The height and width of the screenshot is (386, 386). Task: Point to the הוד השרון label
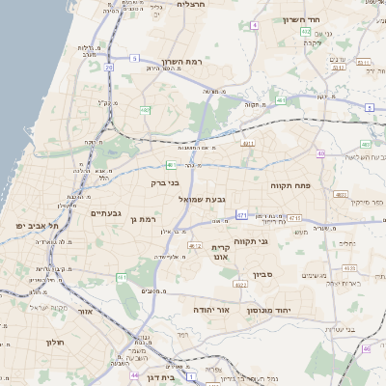tap(302, 19)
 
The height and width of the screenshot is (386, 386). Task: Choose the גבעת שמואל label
tap(202, 199)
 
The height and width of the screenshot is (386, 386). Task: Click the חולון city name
tap(53, 342)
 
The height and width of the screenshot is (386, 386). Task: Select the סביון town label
tap(264, 275)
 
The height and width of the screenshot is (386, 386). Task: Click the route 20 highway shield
tap(108, 68)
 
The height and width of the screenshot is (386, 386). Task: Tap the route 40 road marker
tap(319, 152)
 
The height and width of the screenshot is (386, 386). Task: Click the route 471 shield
tap(241, 214)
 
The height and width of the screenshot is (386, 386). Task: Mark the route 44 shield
tap(134, 374)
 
